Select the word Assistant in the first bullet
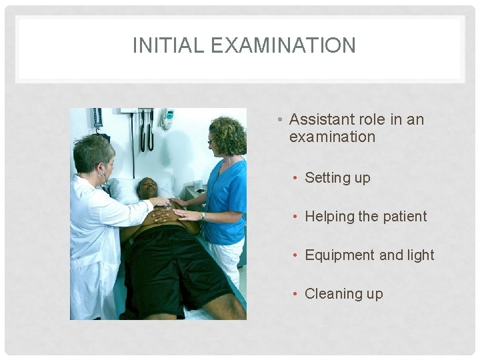(323, 120)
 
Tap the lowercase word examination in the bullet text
(332, 137)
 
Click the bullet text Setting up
(337, 178)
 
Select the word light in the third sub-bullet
(419, 255)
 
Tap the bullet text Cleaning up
(343, 294)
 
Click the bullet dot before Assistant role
(282, 120)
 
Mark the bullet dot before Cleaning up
(297, 294)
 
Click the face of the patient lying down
(146, 189)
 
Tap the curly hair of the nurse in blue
(229, 133)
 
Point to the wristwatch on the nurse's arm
(203, 215)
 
